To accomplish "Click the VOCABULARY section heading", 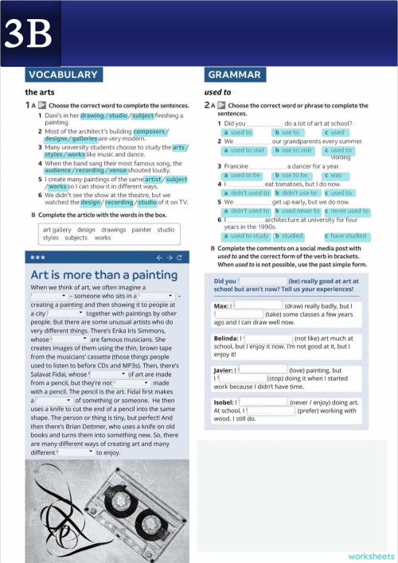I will (x=61, y=75).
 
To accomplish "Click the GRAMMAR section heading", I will (x=234, y=75).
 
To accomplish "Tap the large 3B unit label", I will (x=29, y=33).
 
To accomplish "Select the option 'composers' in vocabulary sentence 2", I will (x=149, y=131).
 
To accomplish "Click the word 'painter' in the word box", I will (x=141, y=230).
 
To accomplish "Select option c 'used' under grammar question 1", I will (x=336, y=132).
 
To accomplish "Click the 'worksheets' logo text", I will (x=370, y=556).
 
